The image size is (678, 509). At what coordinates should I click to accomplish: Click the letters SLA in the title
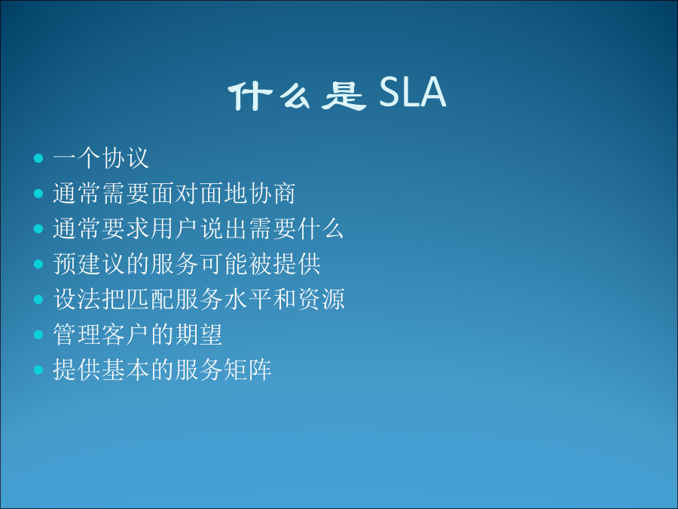pos(413,92)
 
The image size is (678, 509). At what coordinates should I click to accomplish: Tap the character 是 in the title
pos(344,95)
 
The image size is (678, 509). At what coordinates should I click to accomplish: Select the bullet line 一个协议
pos(101,158)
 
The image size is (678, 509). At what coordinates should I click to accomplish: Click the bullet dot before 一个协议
pos(38,158)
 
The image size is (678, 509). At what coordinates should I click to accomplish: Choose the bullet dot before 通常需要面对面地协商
pos(38,193)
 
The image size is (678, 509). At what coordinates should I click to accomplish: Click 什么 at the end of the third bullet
pos(321,228)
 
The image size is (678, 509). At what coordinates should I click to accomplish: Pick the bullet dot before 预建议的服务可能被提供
pos(38,264)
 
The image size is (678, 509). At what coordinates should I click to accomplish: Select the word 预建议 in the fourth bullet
pos(89,264)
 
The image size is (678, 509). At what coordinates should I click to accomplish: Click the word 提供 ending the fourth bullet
pos(297,264)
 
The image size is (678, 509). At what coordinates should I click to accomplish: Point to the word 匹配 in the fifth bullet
pos(150,299)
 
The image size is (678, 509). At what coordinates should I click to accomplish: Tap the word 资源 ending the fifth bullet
pos(321,299)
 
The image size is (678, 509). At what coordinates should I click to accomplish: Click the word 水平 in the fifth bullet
pos(248,299)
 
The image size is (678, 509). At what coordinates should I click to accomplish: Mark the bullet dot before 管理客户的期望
pos(38,335)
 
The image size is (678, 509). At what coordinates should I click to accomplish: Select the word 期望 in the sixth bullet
pos(199,335)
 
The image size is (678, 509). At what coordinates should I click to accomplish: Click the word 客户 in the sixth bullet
pos(125,335)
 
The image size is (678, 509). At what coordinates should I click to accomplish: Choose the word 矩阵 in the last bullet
pos(248,369)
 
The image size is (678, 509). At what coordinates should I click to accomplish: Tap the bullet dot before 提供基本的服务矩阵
pos(38,370)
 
